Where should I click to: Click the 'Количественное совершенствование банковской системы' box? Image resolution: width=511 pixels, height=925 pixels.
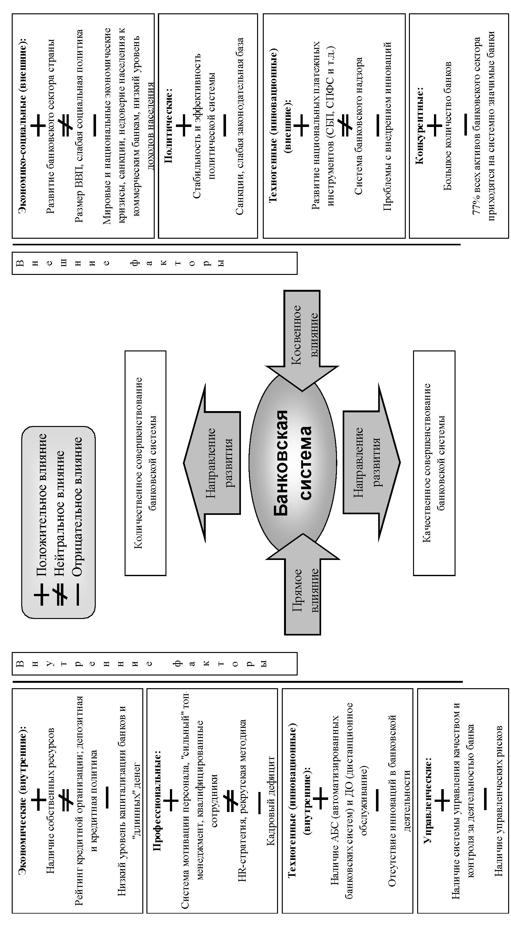pyautogui.click(x=145, y=463)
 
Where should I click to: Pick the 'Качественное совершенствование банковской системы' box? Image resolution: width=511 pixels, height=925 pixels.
pyautogui.click(x=434, y=463)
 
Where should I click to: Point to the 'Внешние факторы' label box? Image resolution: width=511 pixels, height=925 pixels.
pyautogui.click(x=154, y=263)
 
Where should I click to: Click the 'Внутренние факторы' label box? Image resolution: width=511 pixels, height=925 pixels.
pyautogui.click(x=154, y=663)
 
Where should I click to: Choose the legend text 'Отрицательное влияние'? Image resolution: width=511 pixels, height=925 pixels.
pyautogui.click(x=77, y=506)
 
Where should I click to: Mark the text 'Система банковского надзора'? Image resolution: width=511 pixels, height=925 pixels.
pyautogui.click(x=359, y=126)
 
